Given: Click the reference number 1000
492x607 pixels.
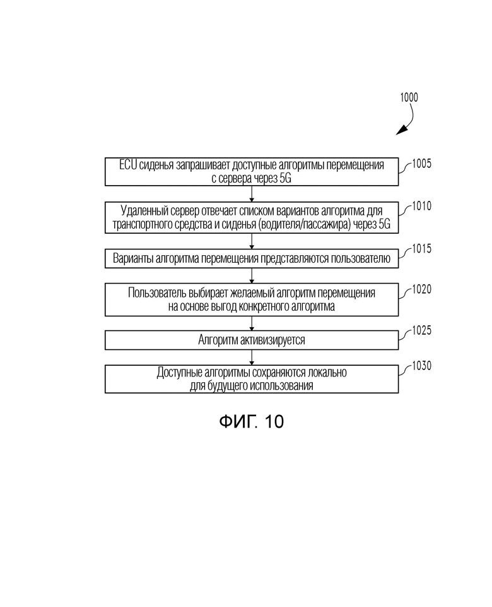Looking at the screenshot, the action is click(409, 97).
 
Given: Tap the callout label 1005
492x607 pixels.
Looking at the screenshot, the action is click(421, 164).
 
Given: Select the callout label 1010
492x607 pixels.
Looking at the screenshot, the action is click(421, 206).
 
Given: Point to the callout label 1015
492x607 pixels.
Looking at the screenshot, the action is click(421, 248).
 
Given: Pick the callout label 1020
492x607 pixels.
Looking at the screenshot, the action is click(421, 289).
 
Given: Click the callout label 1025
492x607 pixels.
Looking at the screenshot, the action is click(421, 330).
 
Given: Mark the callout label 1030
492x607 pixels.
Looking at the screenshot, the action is click(421, 366).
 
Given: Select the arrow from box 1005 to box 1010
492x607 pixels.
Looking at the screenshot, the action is click(252, 193).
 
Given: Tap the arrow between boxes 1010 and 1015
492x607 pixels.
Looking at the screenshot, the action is click(252, 241).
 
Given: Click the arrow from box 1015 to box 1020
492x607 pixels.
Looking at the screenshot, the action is click(252, 276).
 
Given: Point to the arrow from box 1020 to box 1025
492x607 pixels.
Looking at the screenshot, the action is click(252, 323).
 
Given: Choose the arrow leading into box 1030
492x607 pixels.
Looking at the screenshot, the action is click(252, 358).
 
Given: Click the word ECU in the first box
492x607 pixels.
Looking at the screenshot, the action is click(128, 165).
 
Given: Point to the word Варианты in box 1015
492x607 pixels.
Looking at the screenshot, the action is click(133, 258).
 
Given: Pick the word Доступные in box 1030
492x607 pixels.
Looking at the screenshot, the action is click(179, 373).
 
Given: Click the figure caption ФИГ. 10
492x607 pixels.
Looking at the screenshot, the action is click(252, 421).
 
